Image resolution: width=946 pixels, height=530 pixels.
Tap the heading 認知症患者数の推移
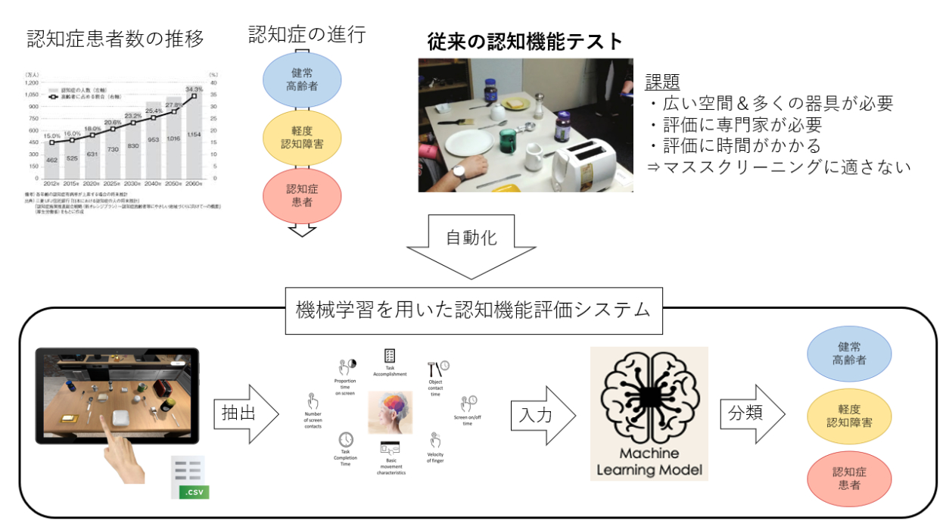[116, 39]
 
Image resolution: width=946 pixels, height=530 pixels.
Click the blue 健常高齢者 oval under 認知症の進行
[303, 79]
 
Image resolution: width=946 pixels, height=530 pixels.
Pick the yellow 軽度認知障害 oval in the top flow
[303, 137]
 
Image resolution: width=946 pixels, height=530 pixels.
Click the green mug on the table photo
[506, 140]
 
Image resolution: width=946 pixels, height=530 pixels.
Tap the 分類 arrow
[748, 414]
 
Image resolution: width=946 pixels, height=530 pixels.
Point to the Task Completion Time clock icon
[346, 440]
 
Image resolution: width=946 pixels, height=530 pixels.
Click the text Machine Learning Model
[649, 462]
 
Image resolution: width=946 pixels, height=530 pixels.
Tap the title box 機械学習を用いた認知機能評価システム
[475, 310]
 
